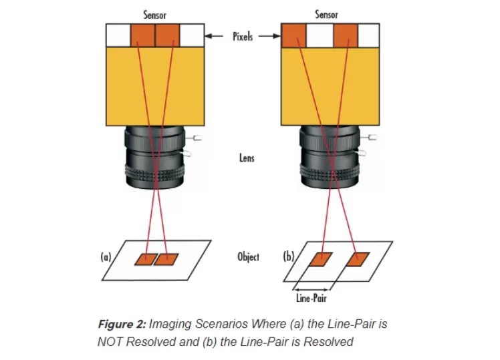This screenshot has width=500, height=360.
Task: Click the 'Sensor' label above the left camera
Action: tap(155, 15)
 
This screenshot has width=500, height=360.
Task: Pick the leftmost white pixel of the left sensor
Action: tap(118, 35)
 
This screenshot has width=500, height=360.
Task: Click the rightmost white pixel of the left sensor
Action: tap(193, 35)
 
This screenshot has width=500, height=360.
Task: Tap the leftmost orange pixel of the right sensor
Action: tap(293, 35)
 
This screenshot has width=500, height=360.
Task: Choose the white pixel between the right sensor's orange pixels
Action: tap(319, 35)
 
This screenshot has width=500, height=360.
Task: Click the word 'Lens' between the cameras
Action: tap(247, 158)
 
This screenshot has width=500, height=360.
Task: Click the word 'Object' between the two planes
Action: tap(248, 257)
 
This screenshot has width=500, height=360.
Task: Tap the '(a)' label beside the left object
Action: tap(106, 256)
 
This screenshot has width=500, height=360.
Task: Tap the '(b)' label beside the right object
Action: tap(287, 256)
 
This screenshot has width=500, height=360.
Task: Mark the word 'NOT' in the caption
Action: tap(110, 342)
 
